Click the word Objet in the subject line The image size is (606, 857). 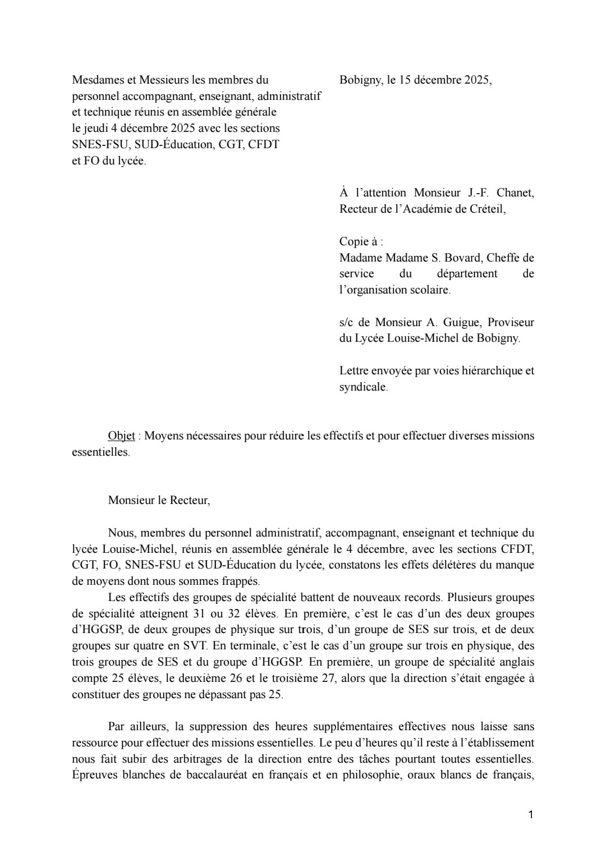coord(121,436)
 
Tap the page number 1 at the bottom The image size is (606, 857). coord(530,814)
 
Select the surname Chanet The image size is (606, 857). coord(516,193)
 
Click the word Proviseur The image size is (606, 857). coord(511,323)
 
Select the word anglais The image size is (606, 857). coord(517,662)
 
